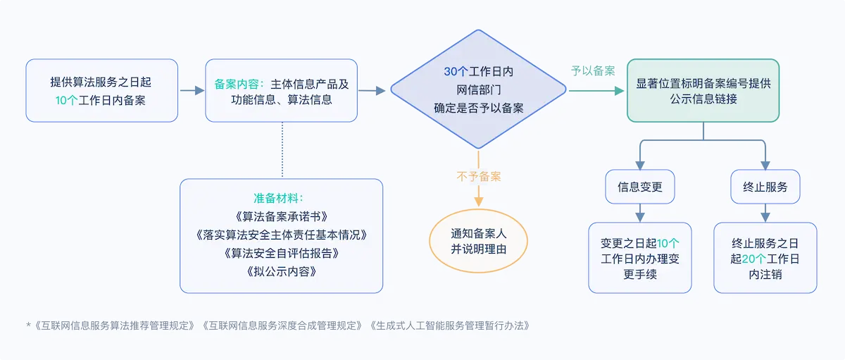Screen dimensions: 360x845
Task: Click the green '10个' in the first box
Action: point(68,100)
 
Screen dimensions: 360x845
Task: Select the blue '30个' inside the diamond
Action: point(456,72)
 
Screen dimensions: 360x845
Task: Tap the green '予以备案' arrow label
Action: point(593,71)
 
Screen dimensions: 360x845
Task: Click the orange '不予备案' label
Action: point(478,176)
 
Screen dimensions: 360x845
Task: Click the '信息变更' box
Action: point(640,187)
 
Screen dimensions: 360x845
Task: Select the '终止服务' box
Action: point(765,187)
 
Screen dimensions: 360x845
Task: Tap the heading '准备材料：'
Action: point(282,197)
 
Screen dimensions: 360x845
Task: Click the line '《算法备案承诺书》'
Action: point(282,216)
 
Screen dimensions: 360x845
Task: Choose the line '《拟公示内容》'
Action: point(282,271)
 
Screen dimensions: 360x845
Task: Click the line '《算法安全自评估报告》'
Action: point(282,252)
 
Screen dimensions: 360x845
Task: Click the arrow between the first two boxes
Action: point(191,90)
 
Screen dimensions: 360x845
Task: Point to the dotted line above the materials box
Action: point(282,149)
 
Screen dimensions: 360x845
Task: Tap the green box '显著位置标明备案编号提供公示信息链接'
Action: point(703,91)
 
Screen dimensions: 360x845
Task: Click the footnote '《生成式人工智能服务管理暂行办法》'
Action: point(448,325)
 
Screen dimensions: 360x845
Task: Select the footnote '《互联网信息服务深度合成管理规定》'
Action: point(282,325)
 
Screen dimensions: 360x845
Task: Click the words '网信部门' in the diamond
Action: point(478,89)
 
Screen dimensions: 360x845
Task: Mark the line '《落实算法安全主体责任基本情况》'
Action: point(282,234)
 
